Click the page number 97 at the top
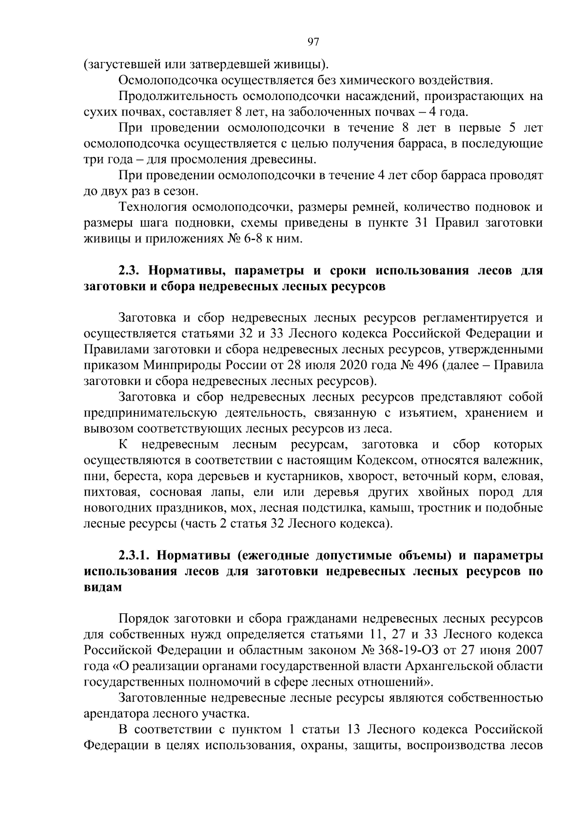pyautogui.click(x=313, y=42)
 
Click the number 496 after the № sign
pyautogui.click(x=425, y=365)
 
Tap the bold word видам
pyautogui.click(x=102, y=587)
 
